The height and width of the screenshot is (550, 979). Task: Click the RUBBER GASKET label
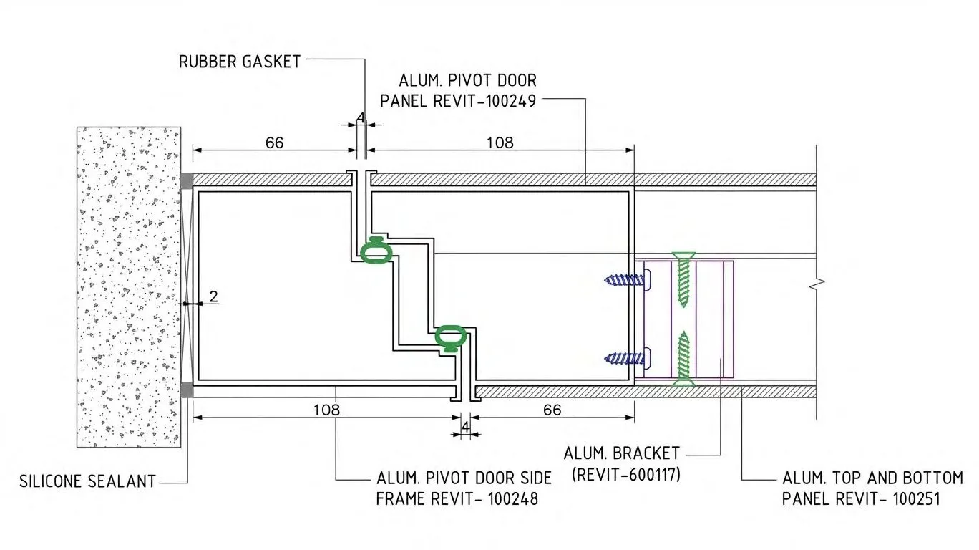pos(240,62)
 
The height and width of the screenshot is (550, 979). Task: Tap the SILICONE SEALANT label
pos(87,481)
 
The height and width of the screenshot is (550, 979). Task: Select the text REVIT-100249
pos(484,101)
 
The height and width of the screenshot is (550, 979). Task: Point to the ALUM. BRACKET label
pos(621,453)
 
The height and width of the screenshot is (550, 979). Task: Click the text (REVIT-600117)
pos(626,474)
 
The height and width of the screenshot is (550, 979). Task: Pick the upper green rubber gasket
pos(376,251)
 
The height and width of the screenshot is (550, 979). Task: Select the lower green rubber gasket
pos(451,339)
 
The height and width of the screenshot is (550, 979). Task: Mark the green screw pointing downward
pos(683,279)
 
